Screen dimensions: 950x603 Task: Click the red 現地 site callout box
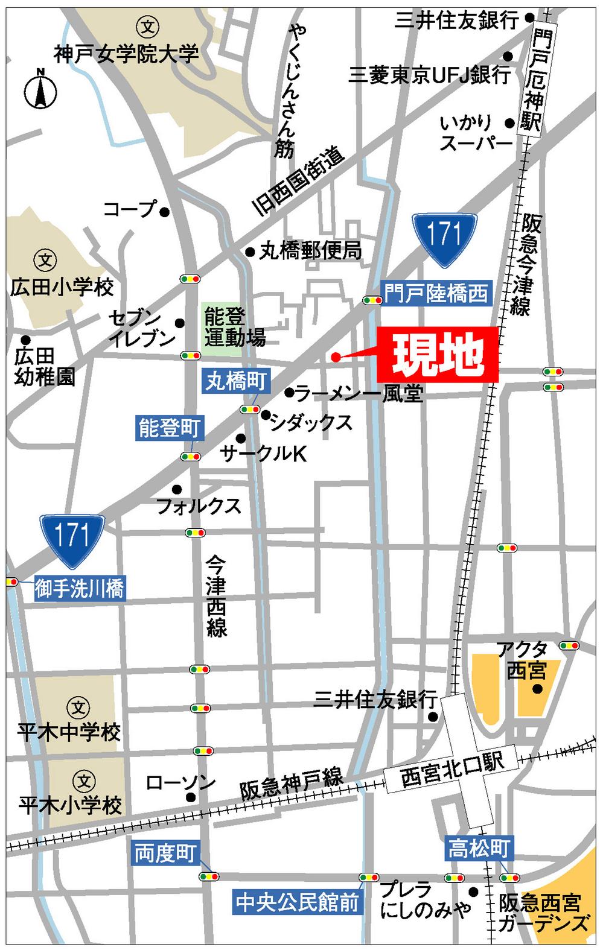438,355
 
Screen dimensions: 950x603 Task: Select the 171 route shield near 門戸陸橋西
445,239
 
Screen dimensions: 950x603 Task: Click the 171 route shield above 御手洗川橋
72,540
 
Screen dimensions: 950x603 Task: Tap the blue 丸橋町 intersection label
235,382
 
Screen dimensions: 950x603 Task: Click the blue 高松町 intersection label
478,849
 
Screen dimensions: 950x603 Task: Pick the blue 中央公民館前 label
298,902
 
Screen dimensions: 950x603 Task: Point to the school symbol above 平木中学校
77,706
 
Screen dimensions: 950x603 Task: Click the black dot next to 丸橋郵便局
250,252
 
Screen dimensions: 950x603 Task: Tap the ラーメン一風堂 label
359,394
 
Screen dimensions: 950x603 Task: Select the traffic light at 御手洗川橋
11,582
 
